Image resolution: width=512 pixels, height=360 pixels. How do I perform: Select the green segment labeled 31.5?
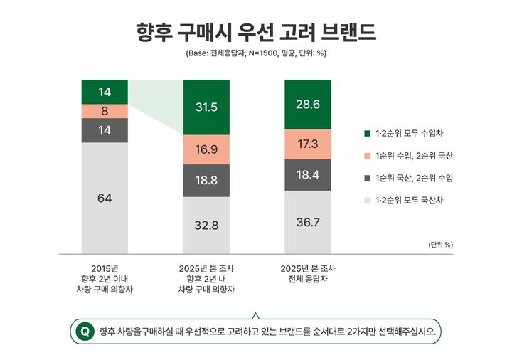pyautogui.click(x=206, y=107)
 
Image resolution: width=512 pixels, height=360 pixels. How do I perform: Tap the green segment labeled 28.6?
pyautogui.click(x=307, y=104)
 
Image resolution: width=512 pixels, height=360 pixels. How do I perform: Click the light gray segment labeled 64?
pyautogui.click(x=105, y=198)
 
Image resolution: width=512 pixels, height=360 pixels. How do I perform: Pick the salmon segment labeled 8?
pyautogui.click(x=105, y=111)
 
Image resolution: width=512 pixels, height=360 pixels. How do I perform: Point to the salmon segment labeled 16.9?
pyautogui.click(x=206, y=149)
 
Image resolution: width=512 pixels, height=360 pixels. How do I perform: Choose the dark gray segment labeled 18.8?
pyautogui.click(x=206, y=181)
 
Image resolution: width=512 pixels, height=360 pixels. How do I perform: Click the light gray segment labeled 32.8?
pyautogui.click(x=206, y=225)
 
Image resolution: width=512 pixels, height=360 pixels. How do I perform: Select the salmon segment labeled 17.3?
pyautogui.click(x=307, y=144)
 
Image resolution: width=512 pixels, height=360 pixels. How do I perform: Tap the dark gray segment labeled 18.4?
pyautogui.click(x=307, y=174)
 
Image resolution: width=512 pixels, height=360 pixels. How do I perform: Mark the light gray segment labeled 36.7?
pyautogui.click(x=307, y=222)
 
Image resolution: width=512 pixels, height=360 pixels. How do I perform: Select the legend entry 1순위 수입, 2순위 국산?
pyautogui.click(x=409, y=155)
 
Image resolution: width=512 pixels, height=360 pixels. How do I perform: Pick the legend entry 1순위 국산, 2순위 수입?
pyautogui.click(x=409, y=178)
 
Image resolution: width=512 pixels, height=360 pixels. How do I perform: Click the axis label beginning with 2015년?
pyautogui.click(x=105, y=279)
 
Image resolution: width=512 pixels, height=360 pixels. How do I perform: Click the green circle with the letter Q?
pyautogui.click(x=85, y=331)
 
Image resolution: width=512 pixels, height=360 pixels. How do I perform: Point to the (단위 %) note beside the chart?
pyautogui.click(x=441, y=244)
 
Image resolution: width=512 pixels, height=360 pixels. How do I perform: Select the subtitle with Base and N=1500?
pyautogui.click(x=255, y=53)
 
